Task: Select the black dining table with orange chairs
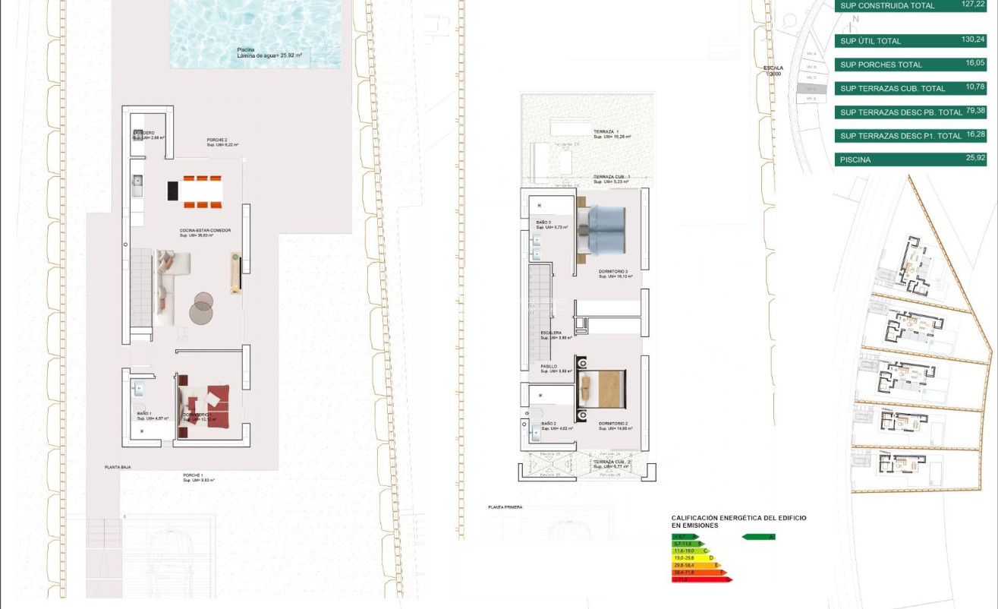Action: pos(196,191)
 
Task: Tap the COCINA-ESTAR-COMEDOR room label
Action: pos(205,230)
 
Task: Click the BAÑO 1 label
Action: pos(145,414)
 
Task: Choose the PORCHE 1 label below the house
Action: pos(194,475)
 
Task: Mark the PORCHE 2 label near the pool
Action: pos(218,140)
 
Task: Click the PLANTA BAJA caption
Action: pos(118,468)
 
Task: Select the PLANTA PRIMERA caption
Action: pos(505,506)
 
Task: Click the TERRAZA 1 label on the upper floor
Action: pos(606,131)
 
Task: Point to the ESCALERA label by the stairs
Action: pos(551,333)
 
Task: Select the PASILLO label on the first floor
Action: pos(549,366)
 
